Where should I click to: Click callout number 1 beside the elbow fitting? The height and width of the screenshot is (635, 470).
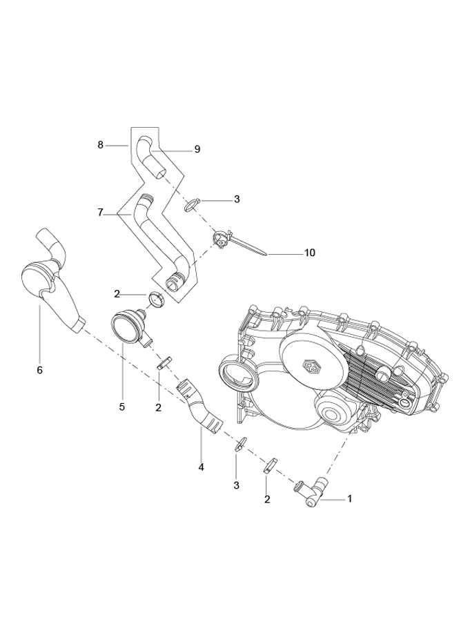pyautogui.click(x=349, y=498)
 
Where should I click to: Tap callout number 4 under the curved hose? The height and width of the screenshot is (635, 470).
pyautogui.click(x=201, y=467)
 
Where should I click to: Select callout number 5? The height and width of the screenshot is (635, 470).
pyautogui.click(x=121, y=407)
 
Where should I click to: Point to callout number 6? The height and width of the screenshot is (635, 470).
pyautogui.click(x=39, y=371)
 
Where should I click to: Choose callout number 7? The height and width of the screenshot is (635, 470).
pyautogui.click(x=101, y=213)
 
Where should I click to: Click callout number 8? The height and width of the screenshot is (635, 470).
pyautogui.click(x=101, y=146)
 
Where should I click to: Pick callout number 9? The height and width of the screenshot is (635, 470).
pyautogui.click(x=197, y=149)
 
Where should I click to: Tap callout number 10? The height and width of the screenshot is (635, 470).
pyautogui.click(x=309, y=253)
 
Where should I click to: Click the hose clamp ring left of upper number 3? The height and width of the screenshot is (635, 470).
pyautogui.click(x=193, y=204)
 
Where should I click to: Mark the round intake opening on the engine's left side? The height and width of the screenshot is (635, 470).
pyautogui.click(x=236, y=375)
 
